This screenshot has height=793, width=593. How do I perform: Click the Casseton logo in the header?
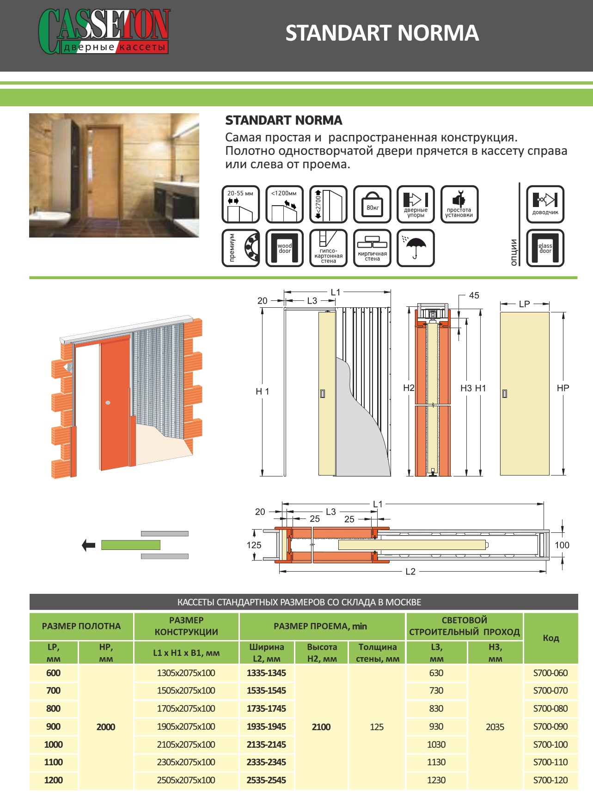[x=104, y=31]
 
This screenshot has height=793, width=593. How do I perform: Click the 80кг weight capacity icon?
[x=372, y=204]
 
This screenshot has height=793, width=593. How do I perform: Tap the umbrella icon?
[x=416, y=248]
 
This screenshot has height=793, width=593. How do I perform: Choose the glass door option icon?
[x=545, y=248]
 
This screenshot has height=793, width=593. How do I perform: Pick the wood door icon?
[x=284, y=248]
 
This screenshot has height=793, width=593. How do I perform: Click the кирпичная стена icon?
[x=372, y=248]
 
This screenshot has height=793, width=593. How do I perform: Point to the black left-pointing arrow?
[x=88, y=545]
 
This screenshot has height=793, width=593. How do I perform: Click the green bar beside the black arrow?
[x=131, y=545]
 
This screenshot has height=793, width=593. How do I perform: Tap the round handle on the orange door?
[x=108, y=403]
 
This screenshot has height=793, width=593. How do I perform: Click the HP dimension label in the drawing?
[x=562, y=388]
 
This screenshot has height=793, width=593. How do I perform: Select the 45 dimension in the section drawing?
[x=474, y=295]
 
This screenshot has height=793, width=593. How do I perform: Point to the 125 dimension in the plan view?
[x=254, y=545]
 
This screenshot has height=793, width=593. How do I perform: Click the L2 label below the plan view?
[x=410, y=572]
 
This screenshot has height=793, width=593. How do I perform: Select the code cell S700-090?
[x=550, y=726]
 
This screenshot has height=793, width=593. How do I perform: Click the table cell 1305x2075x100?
[x=186, y=673]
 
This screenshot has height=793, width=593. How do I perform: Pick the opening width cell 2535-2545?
[x=266, y=780]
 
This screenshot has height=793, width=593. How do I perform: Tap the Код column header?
[x=550, y=638]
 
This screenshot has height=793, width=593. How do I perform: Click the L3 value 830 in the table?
[x=436, y=708]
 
